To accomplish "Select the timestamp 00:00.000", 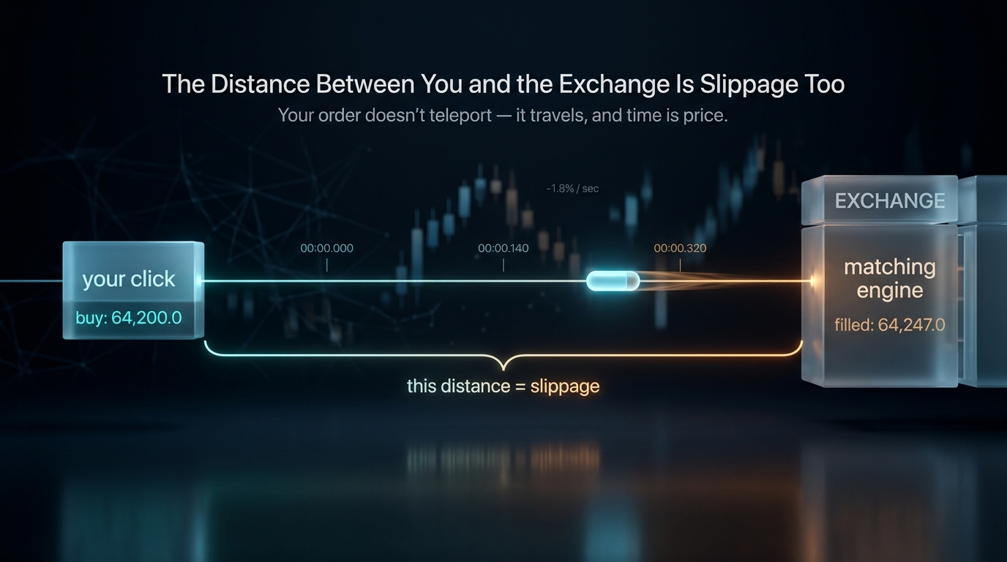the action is pos(327,248).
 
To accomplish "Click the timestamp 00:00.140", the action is pos(503,248).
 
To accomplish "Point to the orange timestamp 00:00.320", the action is pos(680,248).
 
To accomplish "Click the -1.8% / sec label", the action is pos(572,188).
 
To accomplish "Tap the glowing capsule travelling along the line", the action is pos(613,282).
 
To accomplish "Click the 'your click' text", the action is pos(129,280).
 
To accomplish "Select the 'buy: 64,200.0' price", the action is pos(129,318).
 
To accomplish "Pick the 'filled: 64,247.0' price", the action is pos(890,325).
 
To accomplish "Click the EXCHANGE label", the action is pos(890,201).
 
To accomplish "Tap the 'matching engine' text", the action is pos(890,279).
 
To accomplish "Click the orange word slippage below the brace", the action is pos(565,386).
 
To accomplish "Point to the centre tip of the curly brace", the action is pos(503,370).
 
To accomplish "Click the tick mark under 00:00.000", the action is pos(327,265).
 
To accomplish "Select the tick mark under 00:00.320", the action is pos(680,265).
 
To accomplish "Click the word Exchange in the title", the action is pos(614,85).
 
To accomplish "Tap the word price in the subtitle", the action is pos(705,116).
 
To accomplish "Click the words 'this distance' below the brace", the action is pos(459,386).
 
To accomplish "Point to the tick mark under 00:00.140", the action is pos(503,265).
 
